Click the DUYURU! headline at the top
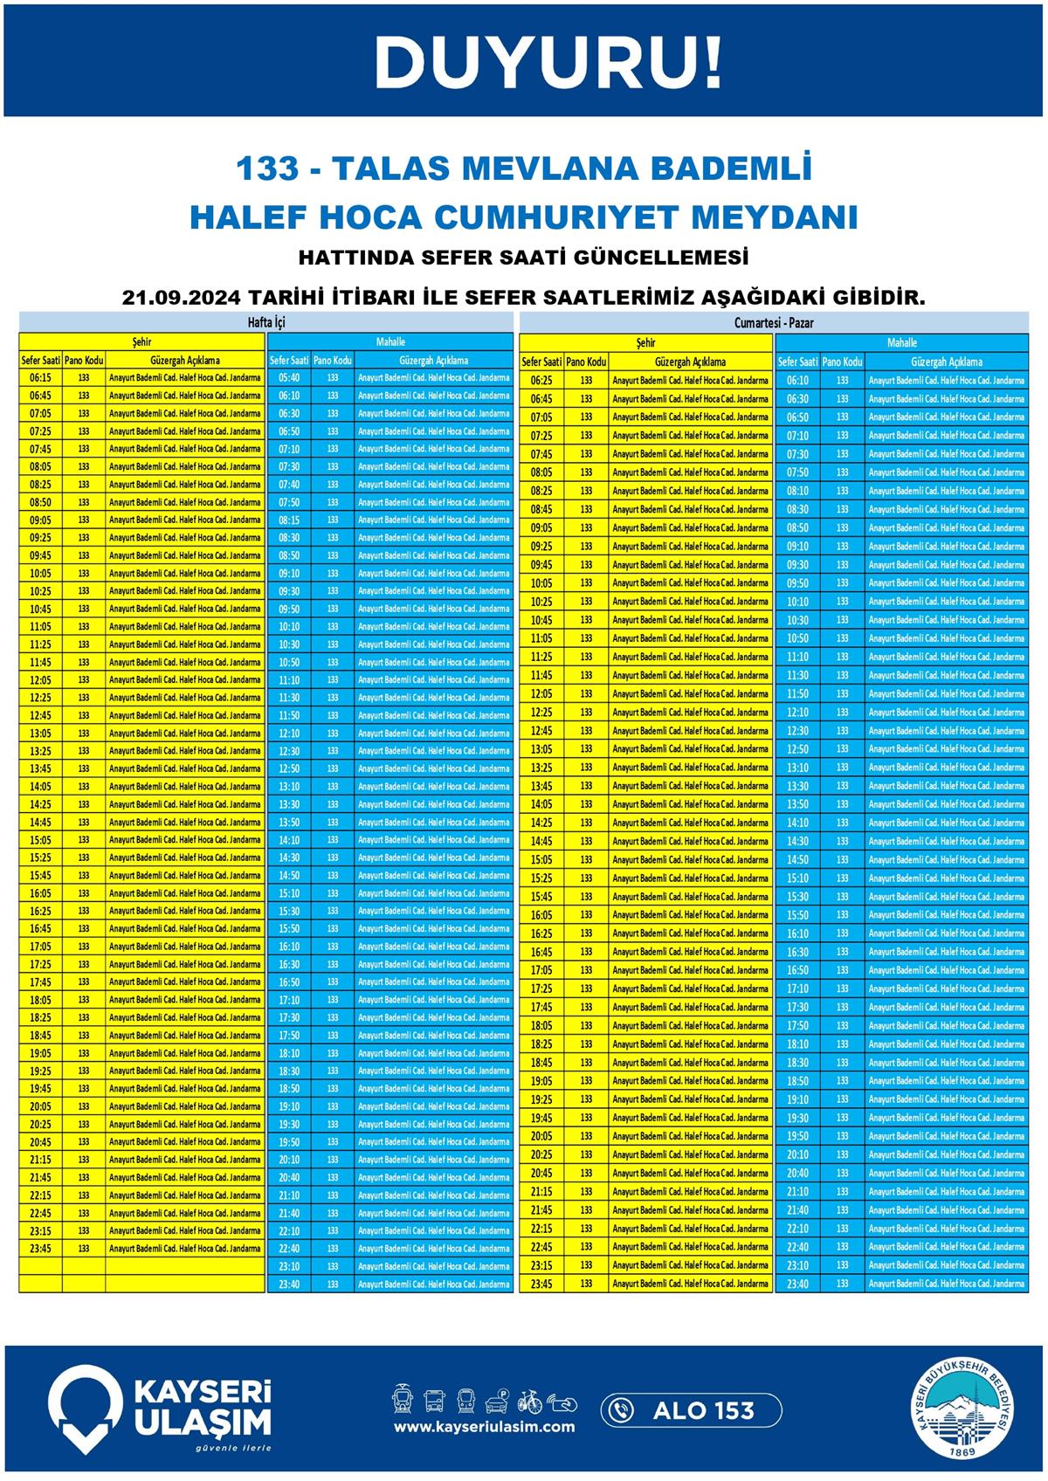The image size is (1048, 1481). point(549,62)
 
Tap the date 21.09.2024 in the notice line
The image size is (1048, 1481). point(179,297)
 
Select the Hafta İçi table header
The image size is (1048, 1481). point(266,322)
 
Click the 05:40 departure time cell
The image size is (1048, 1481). point(289,378)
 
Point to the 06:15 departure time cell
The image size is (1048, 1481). point(40,378)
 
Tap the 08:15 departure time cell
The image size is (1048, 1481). point(289,520)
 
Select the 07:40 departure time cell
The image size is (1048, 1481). point(289,485)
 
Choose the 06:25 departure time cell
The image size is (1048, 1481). point(541,381)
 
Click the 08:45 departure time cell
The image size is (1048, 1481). point(541,509)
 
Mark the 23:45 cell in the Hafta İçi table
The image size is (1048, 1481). point(40,1249)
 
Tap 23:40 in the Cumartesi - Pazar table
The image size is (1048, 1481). point(796,1284)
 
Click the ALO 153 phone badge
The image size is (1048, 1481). point(691,1409)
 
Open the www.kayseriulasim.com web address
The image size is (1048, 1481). point(484,1427)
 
